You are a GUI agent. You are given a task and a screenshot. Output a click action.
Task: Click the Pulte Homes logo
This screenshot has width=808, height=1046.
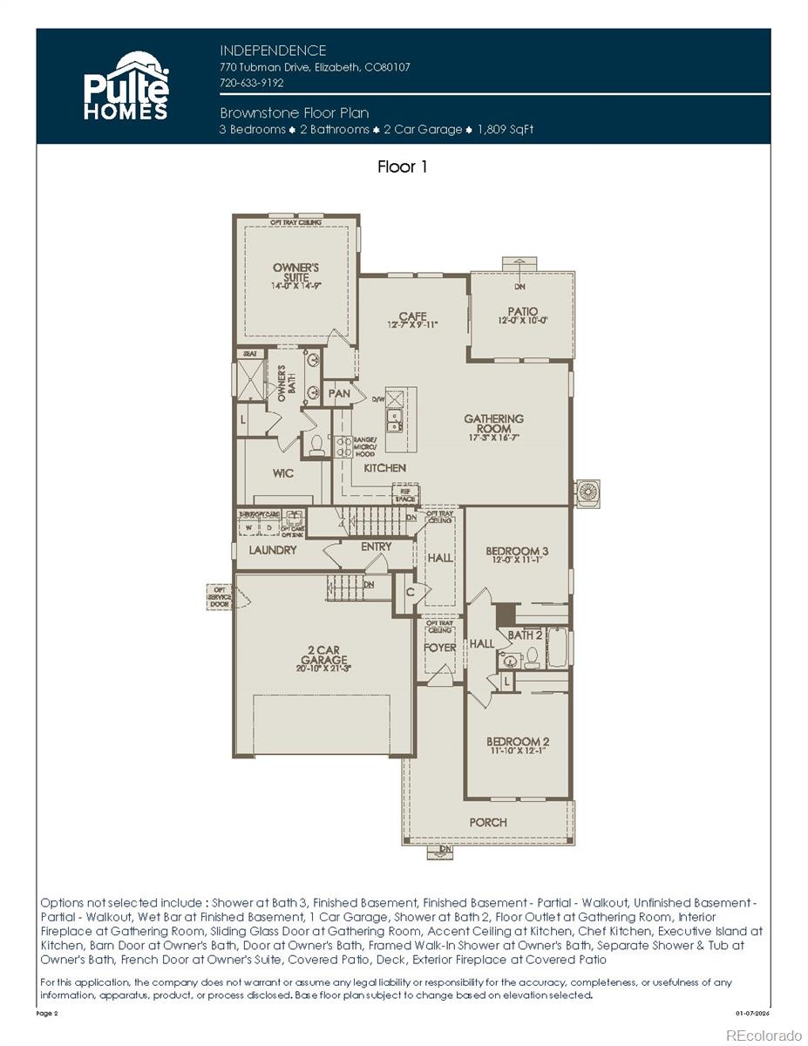(x=126, y=85)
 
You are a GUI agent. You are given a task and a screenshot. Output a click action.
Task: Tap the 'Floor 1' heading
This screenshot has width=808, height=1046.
(x=402, y=166)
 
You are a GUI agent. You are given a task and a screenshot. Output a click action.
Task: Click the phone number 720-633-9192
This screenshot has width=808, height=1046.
(x=252, y=83)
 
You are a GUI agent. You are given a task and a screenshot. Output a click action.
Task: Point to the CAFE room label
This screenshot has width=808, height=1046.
(x=412, y=319)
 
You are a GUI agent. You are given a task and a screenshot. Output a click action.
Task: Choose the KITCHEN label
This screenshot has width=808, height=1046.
(x=384, y=468)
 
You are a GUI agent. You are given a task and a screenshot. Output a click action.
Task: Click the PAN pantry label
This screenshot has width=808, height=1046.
(x=339, y=393)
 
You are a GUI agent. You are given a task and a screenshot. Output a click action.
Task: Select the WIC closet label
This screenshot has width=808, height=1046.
(x=282, y=473)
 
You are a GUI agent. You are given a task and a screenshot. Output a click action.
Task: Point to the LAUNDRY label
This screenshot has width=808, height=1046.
(x=273, y=550)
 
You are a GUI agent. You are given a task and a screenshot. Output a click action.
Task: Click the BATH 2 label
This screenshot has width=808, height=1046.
(x=525, y=635)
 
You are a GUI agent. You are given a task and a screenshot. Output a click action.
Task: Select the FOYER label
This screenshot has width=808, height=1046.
(x=439, y=648)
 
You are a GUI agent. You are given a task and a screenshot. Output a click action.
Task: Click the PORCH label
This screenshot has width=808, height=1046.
(x=487, y=822)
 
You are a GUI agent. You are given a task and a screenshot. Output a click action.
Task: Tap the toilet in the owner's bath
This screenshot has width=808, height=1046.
(x=317, y=445)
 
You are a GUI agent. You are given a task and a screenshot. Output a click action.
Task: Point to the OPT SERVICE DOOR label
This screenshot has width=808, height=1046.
(x=220, y=597)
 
